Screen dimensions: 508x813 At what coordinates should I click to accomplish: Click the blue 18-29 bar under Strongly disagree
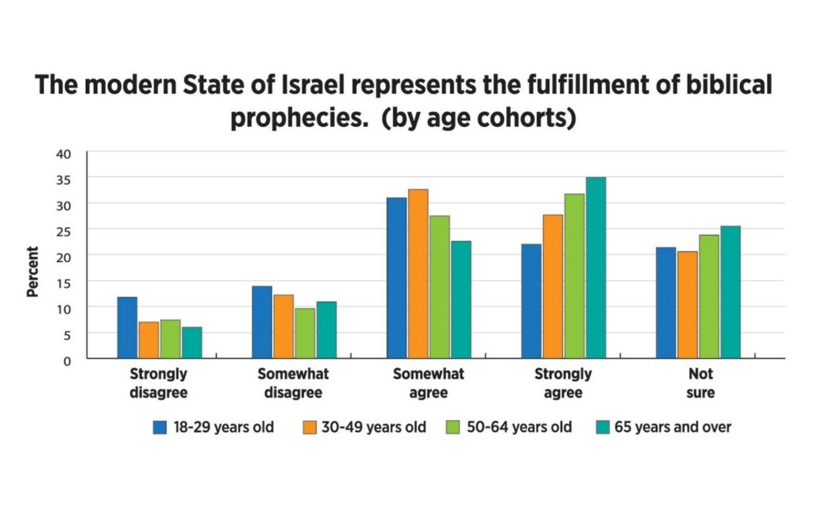127,328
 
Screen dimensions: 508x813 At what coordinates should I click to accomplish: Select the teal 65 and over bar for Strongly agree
595,267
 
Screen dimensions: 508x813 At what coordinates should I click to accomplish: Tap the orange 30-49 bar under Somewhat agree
418,274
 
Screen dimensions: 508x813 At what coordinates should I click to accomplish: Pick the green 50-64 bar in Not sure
708,296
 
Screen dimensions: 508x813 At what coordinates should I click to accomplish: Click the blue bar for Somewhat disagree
262,322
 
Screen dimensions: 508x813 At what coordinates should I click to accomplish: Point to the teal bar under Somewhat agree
460,299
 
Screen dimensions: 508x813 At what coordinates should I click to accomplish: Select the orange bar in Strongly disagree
148,340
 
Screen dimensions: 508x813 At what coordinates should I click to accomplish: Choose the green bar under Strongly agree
574,275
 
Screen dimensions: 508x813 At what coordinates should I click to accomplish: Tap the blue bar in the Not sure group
665,302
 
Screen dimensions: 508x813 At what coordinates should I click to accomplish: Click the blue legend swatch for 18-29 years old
160,427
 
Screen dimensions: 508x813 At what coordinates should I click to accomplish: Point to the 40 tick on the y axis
64,153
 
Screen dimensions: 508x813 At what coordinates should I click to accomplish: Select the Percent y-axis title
33,271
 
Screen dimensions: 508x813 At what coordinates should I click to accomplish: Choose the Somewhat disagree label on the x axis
294,383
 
